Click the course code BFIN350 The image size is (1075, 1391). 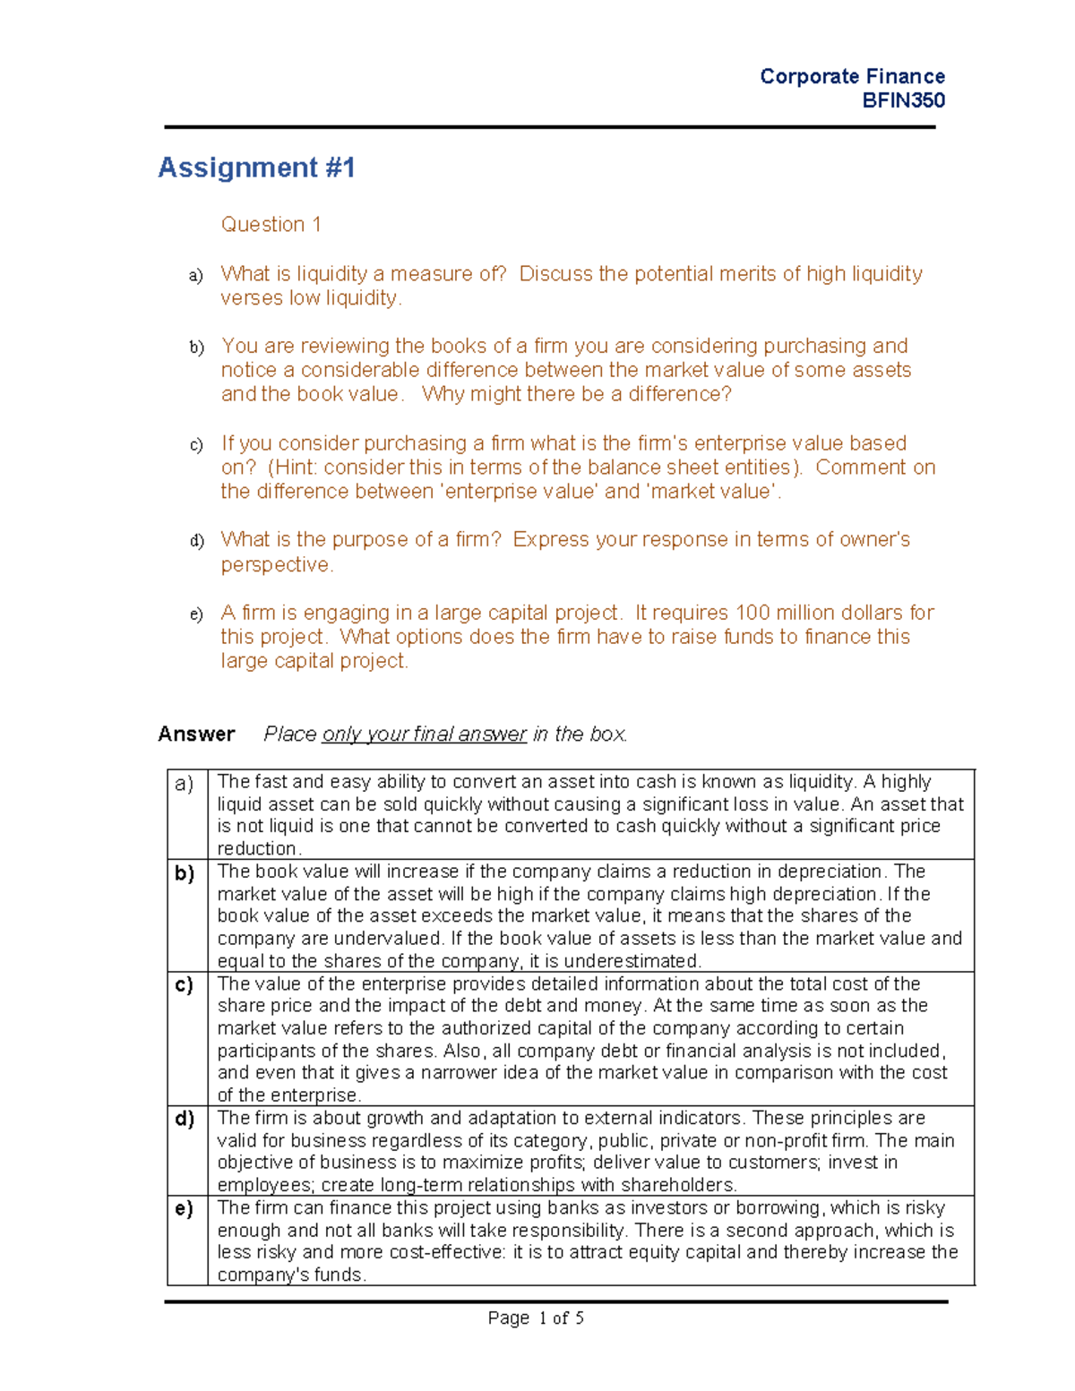(903, 100)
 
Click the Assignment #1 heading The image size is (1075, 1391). (256, 167)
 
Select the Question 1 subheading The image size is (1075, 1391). (271, 224)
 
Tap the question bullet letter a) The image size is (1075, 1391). (196, 276)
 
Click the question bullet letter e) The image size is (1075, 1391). (196, 614)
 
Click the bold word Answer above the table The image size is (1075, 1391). (196, 734)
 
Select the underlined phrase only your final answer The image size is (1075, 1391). (424, 734)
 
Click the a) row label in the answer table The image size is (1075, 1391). (185, 784)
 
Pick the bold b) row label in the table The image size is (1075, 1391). (185, 873)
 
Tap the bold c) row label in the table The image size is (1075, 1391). (185, 985)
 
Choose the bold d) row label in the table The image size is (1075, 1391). (185, 1119)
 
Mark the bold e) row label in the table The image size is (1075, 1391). (185, 1209)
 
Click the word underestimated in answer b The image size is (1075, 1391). (641, 961)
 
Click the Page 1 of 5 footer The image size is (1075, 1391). (536, 1318)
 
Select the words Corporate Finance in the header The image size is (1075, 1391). (852, 76)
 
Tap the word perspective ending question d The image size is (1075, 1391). (276, 564)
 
